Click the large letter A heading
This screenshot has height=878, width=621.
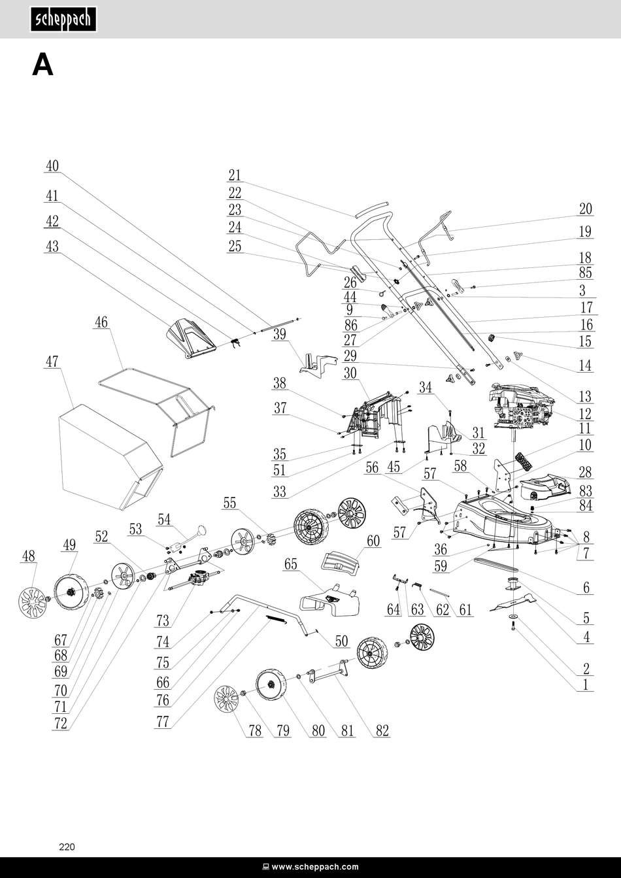42,65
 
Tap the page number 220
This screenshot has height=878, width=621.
67,847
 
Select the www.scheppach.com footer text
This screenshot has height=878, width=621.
310,867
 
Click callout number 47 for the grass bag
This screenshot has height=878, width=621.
52,361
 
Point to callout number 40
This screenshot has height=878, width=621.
52,166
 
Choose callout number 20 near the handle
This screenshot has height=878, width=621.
585,209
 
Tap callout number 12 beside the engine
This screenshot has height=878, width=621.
585,413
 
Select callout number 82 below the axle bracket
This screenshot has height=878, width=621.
382,731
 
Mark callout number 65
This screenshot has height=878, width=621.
290,564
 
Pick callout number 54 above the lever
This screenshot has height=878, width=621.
164,519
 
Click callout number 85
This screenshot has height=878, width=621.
585,273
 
